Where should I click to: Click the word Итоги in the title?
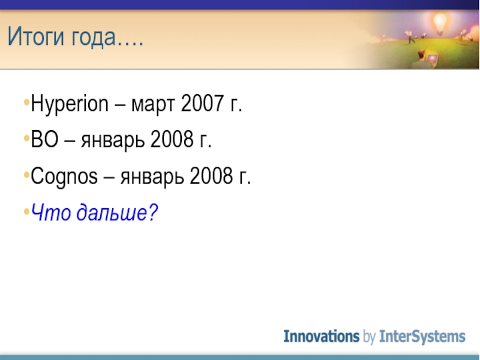(x=36, y=36)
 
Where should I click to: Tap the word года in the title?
(x=94, y=37)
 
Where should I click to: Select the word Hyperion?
(x=70, y=104)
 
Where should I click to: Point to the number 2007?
(x=202, y=103)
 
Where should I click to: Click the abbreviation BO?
(x=44, y=139)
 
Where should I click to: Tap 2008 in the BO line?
(x=172, y=139)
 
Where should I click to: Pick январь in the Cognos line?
(x=152, y=178)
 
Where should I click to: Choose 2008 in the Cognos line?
(x=211, y=176)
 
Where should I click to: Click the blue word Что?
(x=51, y=212)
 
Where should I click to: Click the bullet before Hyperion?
(x=26, y=102)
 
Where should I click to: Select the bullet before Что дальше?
(x=26, y=211)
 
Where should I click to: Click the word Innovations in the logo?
(x=322, y=337)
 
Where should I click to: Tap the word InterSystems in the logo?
(x=422, y=337)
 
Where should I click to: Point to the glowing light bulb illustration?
(x=440, y=23)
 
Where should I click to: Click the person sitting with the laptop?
(x=424, y=59)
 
